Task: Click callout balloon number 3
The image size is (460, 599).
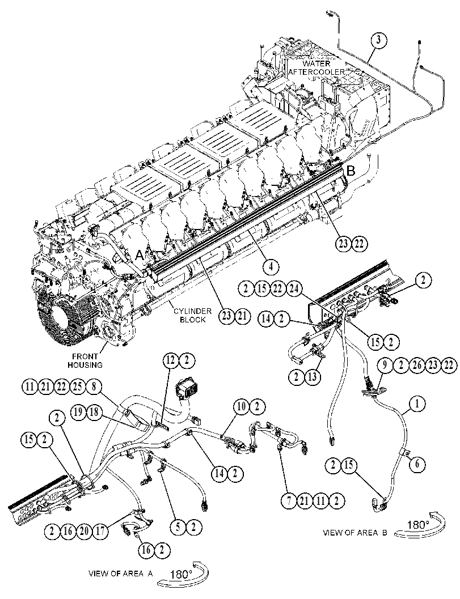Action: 378,40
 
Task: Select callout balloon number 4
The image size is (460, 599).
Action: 271,266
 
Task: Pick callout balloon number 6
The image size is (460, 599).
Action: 417,464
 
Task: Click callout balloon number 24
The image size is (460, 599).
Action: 294,288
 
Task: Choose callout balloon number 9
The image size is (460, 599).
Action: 385,366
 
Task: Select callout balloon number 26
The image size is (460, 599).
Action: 417,366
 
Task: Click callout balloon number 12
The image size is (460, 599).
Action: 171,360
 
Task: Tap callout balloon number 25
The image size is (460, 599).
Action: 78,386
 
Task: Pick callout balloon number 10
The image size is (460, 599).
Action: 242,407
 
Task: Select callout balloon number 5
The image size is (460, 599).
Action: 178,528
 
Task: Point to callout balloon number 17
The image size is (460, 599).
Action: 100,530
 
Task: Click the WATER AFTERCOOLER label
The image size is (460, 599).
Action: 317,67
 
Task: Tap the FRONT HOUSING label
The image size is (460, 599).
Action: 85,360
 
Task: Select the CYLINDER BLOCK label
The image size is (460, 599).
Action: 193,316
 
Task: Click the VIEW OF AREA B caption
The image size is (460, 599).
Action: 356,533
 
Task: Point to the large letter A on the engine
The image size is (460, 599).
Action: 140,256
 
